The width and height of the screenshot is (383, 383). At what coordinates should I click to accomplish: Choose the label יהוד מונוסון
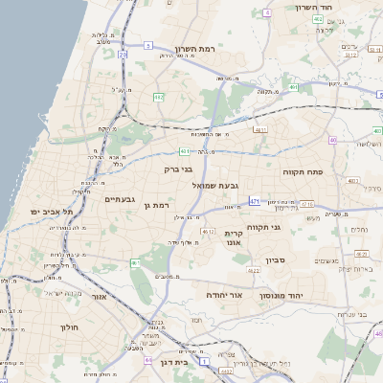pos(282,297)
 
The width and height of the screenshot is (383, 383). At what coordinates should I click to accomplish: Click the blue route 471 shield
pos(254,201)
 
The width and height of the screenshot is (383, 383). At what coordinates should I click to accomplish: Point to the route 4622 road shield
pos(254,271)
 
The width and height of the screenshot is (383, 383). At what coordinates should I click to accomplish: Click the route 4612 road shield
pos(207,231)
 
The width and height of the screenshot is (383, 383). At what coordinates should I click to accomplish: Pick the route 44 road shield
pos(148,360)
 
